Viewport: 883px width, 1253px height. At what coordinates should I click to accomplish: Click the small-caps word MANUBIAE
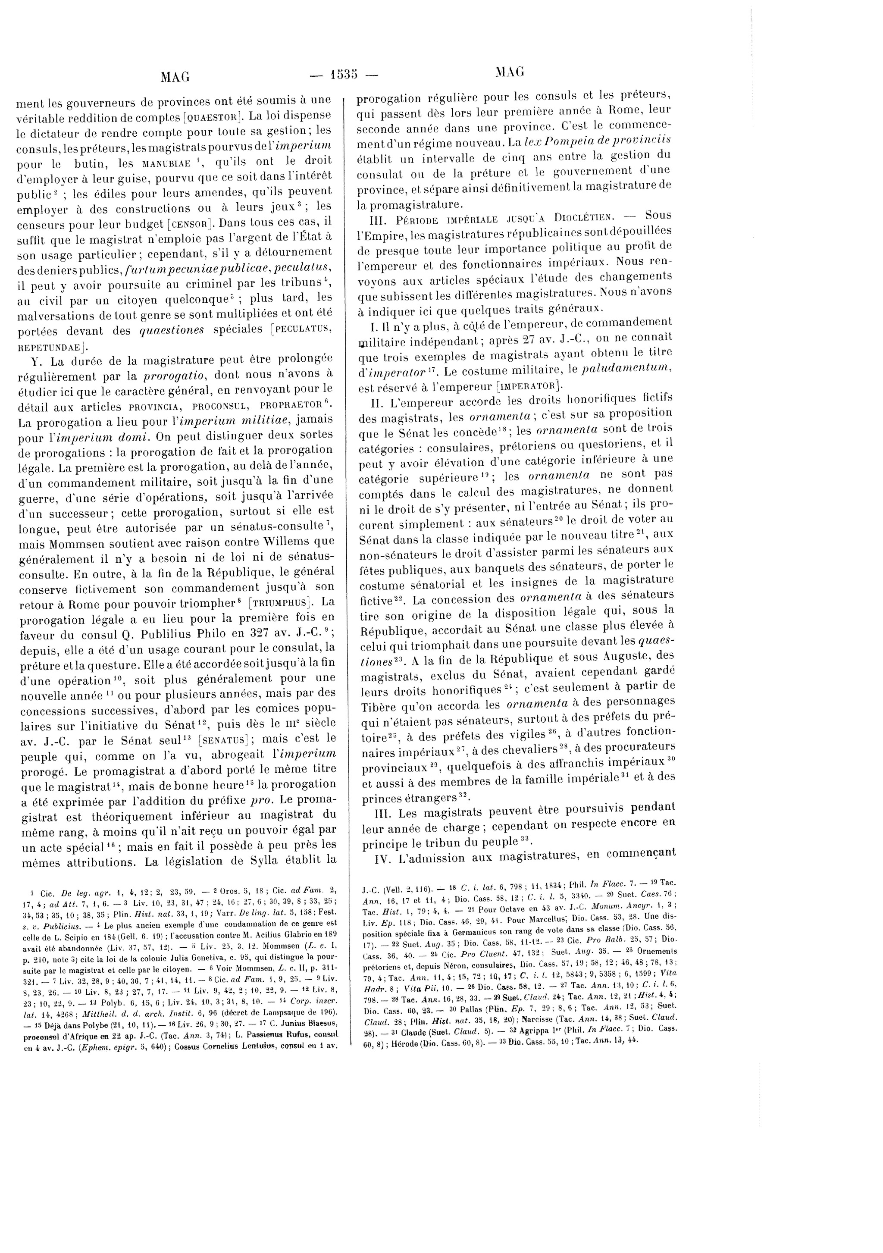coord(165,163)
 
